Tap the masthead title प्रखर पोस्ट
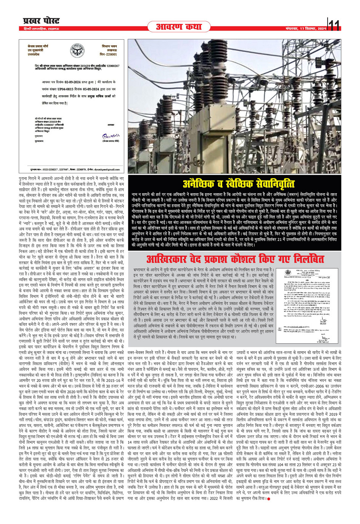(x=41, y=21)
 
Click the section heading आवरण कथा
(x=179, y=27)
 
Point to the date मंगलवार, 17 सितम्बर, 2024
(x=306, y=29)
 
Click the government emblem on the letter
(x=77, y=51)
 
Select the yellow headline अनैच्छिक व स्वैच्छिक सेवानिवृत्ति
(x=239, y=184)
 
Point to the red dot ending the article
(x=269, y=498)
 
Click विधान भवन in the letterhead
(x=109, y=46)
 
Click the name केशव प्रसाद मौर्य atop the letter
(x=38, y=46)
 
